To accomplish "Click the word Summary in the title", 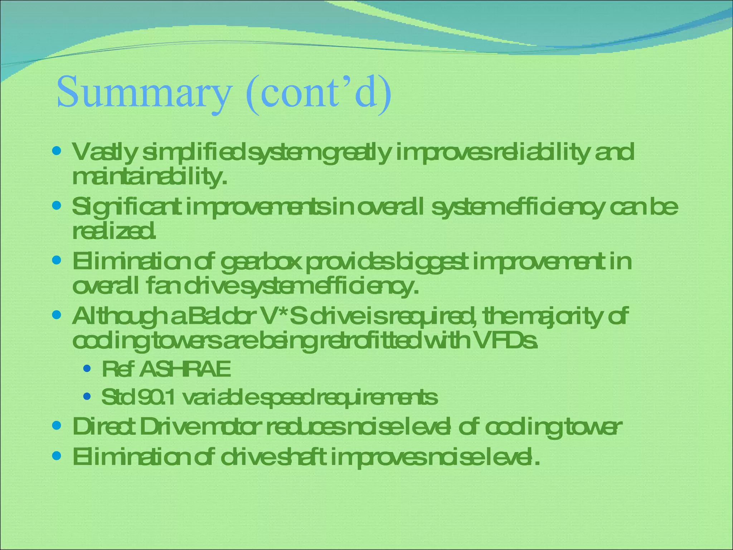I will (x=143, y=92).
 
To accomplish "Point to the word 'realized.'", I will (x=114, y=232).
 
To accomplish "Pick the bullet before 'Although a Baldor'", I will (x=57, y=315).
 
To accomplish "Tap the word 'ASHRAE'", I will (x=185, y=370).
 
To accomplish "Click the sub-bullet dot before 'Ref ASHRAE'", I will (x=86, y=368).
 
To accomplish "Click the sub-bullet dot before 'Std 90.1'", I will (x=86, y=397).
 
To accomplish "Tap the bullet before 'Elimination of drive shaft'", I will (x=57, y=455).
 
